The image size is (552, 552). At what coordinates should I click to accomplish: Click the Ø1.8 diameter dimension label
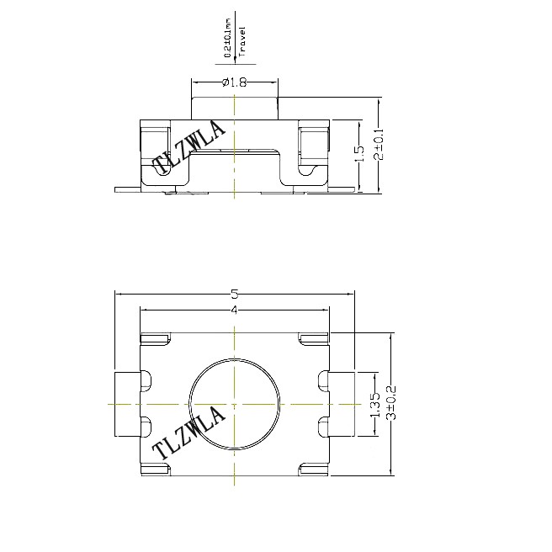(234, 82)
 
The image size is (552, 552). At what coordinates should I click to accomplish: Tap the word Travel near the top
(241, 42)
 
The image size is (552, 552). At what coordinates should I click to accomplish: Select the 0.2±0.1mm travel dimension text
(228, 38)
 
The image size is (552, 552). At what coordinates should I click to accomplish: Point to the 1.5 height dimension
(359, 153)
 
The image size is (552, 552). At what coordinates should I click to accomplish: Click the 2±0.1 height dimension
(379, 144)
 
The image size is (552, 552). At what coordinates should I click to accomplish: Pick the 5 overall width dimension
(235, 294)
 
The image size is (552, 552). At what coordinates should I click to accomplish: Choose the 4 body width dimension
(235, 310)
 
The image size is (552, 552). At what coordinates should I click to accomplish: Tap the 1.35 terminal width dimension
(375, 404)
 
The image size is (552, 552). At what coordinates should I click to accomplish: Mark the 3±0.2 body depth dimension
(391, 403)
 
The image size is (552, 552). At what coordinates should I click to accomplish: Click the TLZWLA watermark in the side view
(189, 148)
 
